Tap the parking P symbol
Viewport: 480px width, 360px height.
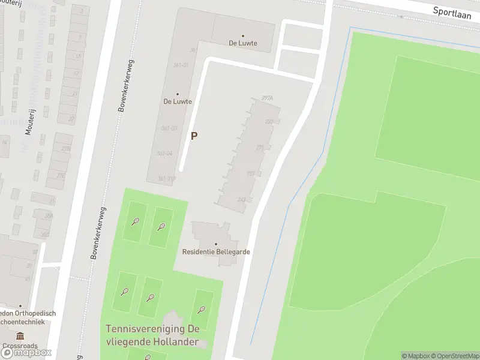(x=194, y=136)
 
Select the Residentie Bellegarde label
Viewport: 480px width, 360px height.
(x=216, y=252)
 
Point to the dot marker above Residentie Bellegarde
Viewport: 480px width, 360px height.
(x=216, y=244)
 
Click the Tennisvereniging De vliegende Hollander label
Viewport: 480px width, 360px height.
(x=152, y=334)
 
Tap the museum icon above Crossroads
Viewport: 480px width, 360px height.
(x=20, y=335)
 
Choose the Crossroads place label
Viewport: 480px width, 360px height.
(x=20, y=346)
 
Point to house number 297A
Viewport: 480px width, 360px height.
(x=268, y=98)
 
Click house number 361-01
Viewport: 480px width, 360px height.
(x=181, y=65)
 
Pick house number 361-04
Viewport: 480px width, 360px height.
(x=164, y=154)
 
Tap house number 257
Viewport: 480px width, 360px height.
(x=251, y=173)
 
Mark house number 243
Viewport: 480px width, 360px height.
(x=242, y=200)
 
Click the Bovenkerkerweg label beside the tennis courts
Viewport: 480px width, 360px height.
(x=97, y=233)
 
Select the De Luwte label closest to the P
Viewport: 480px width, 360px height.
(x=178, y=101)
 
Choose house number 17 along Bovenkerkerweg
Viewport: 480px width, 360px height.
(x=76, y=73)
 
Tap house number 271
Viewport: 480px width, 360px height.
(x=260, y=148)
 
